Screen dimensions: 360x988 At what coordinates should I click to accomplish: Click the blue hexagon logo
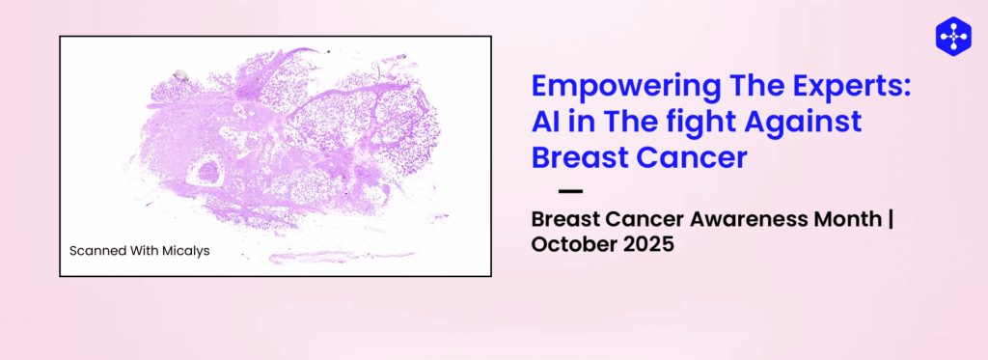[x=952, y=35]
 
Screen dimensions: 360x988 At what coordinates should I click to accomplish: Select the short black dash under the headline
[x=570, y=191]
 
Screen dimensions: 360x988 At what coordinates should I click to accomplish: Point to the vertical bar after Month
[x=891, y=219]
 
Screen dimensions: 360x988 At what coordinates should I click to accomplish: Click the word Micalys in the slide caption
[x=184, y=251]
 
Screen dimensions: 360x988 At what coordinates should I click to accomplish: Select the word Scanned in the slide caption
[x=96, y=251]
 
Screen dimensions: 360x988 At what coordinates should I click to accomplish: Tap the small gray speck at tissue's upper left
[x=179, y=73]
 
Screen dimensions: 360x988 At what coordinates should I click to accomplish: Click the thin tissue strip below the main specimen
[x=318, y=258]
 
